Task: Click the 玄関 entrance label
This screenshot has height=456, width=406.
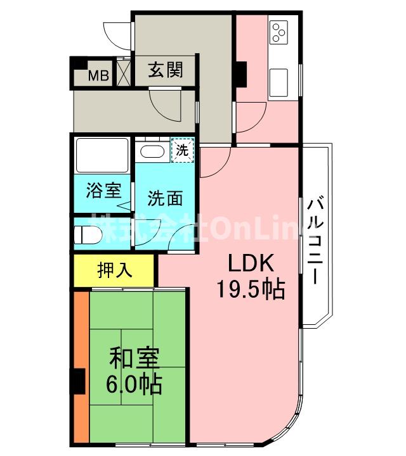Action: (x=166, y=70)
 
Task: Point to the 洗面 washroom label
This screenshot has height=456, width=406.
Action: (x=166, y=199)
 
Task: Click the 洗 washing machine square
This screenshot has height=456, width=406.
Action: (x=182, y=151)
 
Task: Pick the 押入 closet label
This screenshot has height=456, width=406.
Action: (x=115, y=270)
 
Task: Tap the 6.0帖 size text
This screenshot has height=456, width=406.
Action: (x=134, y=384)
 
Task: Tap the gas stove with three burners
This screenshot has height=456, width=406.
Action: (x=279, y=32)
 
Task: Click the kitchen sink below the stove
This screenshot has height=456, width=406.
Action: (x=280, y=82)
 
